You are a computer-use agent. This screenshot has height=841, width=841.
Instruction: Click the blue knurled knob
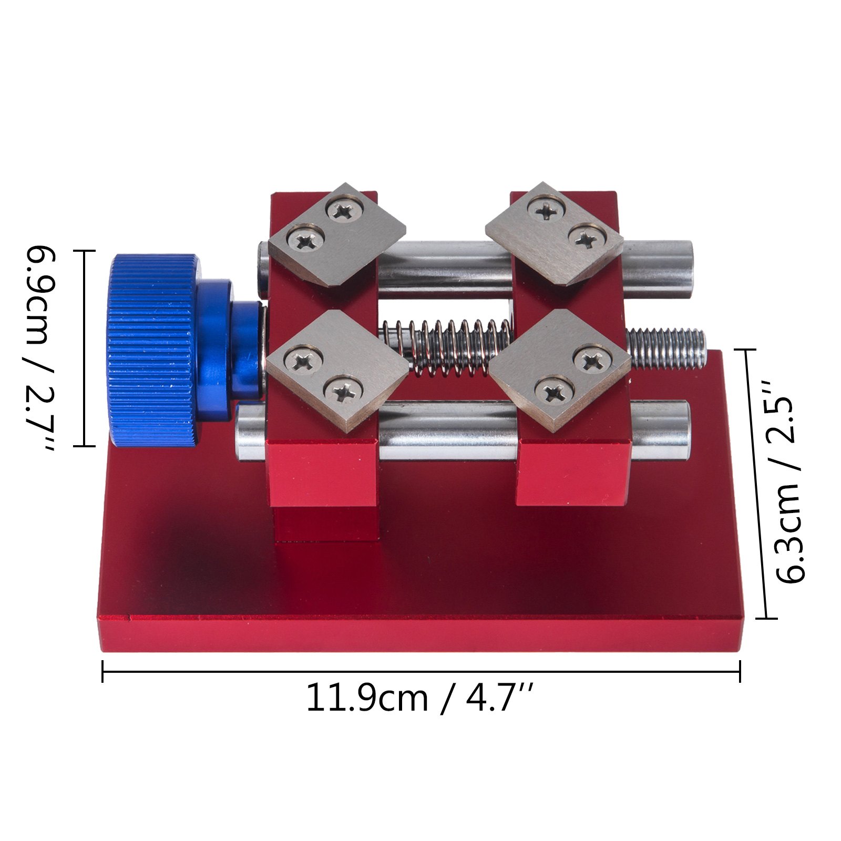pos(152,350)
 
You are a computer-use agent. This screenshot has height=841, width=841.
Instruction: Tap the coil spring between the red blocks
pos(447,347)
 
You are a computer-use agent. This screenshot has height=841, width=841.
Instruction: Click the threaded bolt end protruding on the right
pos(668,348)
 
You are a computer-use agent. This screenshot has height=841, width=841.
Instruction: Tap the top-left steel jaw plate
pos(336,237)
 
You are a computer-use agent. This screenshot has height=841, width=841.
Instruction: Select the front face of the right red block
pos(573,473)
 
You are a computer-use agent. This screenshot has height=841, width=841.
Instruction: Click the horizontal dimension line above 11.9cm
pos(420,671)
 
